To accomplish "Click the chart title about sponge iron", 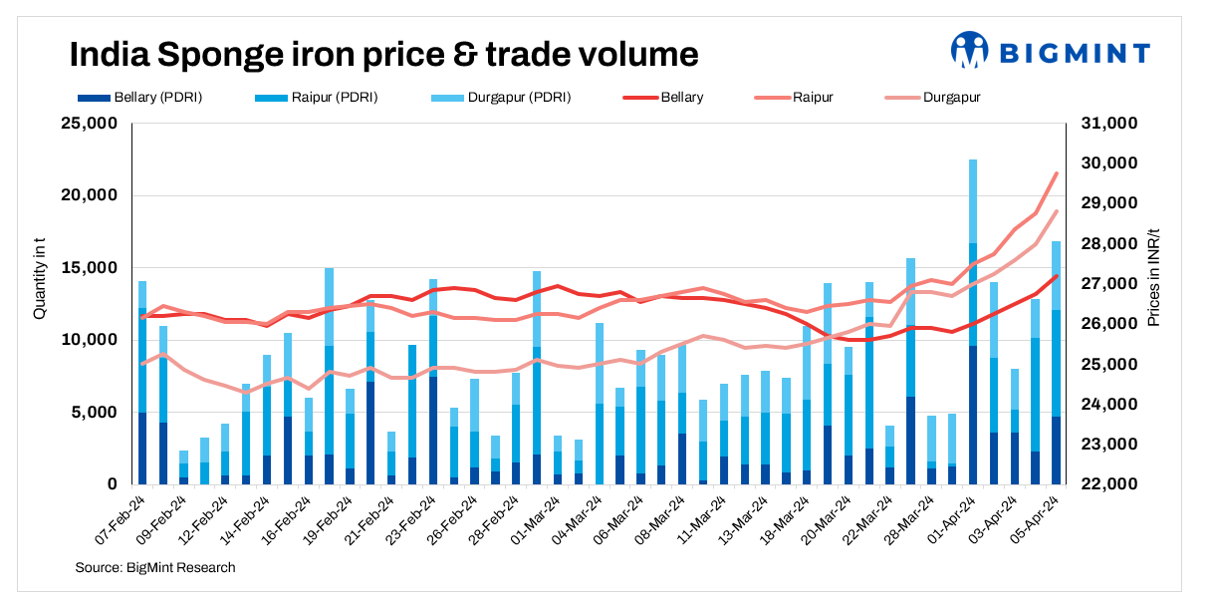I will point(383,54).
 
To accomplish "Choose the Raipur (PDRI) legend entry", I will point(321,98).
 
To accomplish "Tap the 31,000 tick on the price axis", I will point(1109,124).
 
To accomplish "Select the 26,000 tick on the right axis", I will point(1109,324).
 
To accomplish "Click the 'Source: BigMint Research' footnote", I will point(155,567).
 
